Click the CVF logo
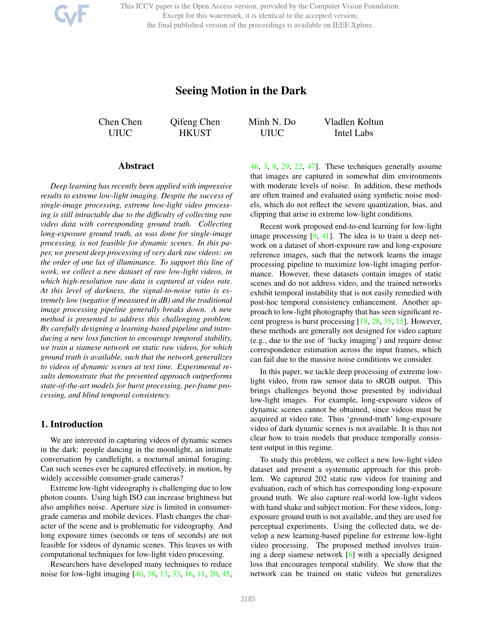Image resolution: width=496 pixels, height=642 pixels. pos(71,15)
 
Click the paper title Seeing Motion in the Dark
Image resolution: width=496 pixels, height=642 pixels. pos(241,90)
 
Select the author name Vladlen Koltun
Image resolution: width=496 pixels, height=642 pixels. pos(354,122)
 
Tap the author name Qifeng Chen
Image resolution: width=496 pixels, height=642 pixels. pos(195,122)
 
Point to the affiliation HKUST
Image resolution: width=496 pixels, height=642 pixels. pos(195,133)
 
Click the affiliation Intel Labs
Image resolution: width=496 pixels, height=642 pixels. pos(354,133)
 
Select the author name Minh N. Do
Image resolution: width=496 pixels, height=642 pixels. pos(272,122)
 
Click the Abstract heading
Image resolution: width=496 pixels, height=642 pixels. pos(136,166)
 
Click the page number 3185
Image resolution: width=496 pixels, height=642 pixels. pos(248,599)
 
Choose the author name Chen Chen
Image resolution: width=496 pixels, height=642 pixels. pos(120,122)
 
